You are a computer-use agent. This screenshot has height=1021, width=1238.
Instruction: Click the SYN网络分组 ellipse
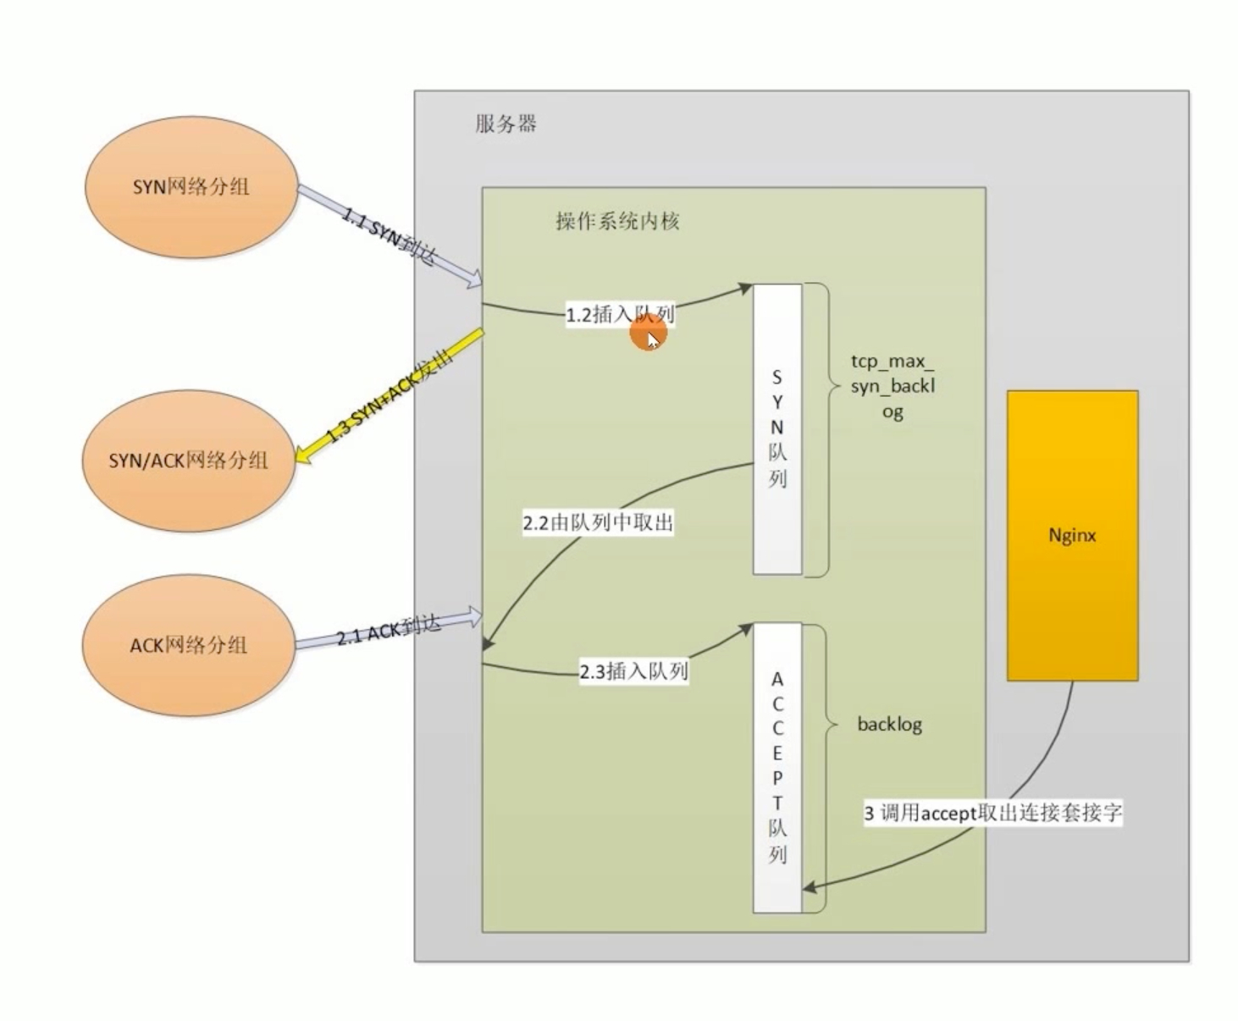(x=191, y=186)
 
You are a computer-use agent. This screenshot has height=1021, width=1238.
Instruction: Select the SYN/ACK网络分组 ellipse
(x=188, y=461)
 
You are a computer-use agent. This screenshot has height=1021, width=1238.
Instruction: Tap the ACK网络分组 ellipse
(x=188, y=645)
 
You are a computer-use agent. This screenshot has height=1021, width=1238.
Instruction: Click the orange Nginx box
(x=1072, y=535)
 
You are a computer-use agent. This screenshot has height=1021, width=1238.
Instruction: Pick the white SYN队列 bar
(x=777, y=429)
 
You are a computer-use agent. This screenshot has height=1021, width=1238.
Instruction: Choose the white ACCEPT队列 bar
(x=777, y=767)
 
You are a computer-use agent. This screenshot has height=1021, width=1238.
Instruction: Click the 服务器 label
(x=506, y=124)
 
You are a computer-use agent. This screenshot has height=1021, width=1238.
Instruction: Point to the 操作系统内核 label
(x=617, y=222)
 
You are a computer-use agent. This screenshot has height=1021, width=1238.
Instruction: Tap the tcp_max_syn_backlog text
(x=893, y=386)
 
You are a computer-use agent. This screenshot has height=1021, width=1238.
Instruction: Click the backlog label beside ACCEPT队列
(x=889, y=725)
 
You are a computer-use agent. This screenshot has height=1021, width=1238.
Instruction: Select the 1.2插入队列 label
(x=620, y=315)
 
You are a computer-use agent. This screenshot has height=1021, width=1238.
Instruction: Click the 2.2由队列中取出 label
(x=598, y=523)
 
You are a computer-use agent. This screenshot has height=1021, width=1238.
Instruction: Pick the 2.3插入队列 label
(x=633, y=672)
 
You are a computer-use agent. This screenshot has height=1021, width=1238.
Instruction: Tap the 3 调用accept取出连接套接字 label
(x=992, y=814)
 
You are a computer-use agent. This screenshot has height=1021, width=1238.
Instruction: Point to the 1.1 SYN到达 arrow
(x=390, y=237)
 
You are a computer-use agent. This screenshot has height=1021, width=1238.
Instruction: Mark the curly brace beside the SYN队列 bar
(x=818, y=429)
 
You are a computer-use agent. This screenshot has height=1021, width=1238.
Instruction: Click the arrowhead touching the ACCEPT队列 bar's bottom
(x=810, y=887)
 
